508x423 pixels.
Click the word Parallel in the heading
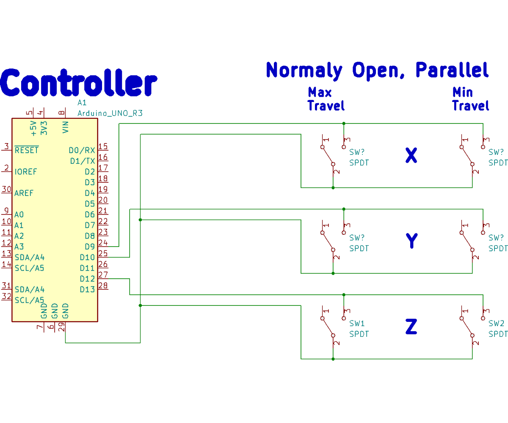pyautogui.click(x=452, y=70)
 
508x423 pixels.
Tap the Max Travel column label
pyautogui.click(x=326, y=99)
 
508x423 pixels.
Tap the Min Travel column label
pyautogui.click(x=470, y=99)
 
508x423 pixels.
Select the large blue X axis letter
pyautogui.click(x=411, y=156)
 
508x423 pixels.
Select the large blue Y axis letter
pyautogui.click(x=411, y=241)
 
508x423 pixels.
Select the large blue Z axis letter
pyautogui.click(x=411, y=327)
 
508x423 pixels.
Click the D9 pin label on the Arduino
pyautogui.click(x=90, y=247)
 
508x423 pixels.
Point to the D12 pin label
pyautogui.click(x=87, y=279)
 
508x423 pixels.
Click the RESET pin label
pyautogui.click(x=26, y=150)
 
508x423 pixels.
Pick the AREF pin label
pyautogui.click(x=24, y=193)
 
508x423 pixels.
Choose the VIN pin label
pyautogui.click(x=66, y=127)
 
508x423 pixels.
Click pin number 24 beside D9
pyautogui.click(x=103, y=243)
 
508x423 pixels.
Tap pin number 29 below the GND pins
pyautogui.click(x=62, y=327)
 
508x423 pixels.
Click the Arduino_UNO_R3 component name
pyautogui.click(x=110, y=113)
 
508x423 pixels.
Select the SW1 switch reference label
pyautogui.click(x=357, y=324)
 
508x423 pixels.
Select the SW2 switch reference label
pyautogui.click(x=496, y=324)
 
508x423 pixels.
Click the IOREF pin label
pyautogui.click(x=25, y=172)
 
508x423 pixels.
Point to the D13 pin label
pyautogui.click(x=87, y=289)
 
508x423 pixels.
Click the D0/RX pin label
pyautogui.click(x=82, y=150)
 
